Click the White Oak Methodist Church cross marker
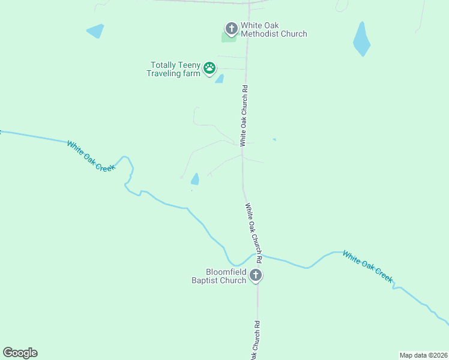(x=231, y=28)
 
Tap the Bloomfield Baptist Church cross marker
(x=256, y=276)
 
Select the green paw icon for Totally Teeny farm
(x=209, y=68)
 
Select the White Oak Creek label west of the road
(x=90, y=156)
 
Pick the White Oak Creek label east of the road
(x=367, y=266)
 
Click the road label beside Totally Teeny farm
(x=244, y=116)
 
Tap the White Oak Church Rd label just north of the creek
(x=253, y=233)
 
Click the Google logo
(x=20, y=353)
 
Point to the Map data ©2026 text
(x=423, y=354)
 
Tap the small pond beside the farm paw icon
(x=220, y=79)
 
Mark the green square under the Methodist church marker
(x=228, y=38)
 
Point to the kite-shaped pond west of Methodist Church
(x=95, y=31)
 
